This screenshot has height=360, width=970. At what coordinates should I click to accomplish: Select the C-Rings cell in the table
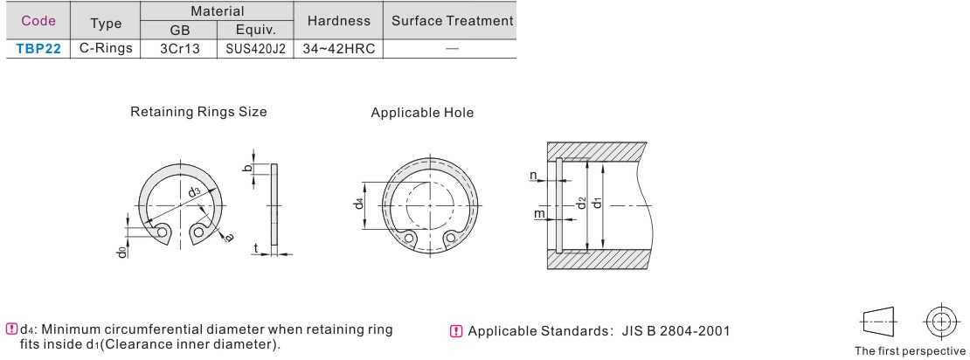click(106, 49)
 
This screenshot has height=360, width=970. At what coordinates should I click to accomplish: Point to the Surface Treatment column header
click(452, 20)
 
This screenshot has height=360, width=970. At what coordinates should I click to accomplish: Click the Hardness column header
click(339, 20)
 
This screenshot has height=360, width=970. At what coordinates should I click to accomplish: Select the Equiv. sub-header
click(255, 31)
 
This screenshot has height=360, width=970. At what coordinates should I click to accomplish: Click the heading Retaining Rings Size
click(198, 112)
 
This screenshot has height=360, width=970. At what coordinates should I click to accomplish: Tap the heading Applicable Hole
click(422, 113)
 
